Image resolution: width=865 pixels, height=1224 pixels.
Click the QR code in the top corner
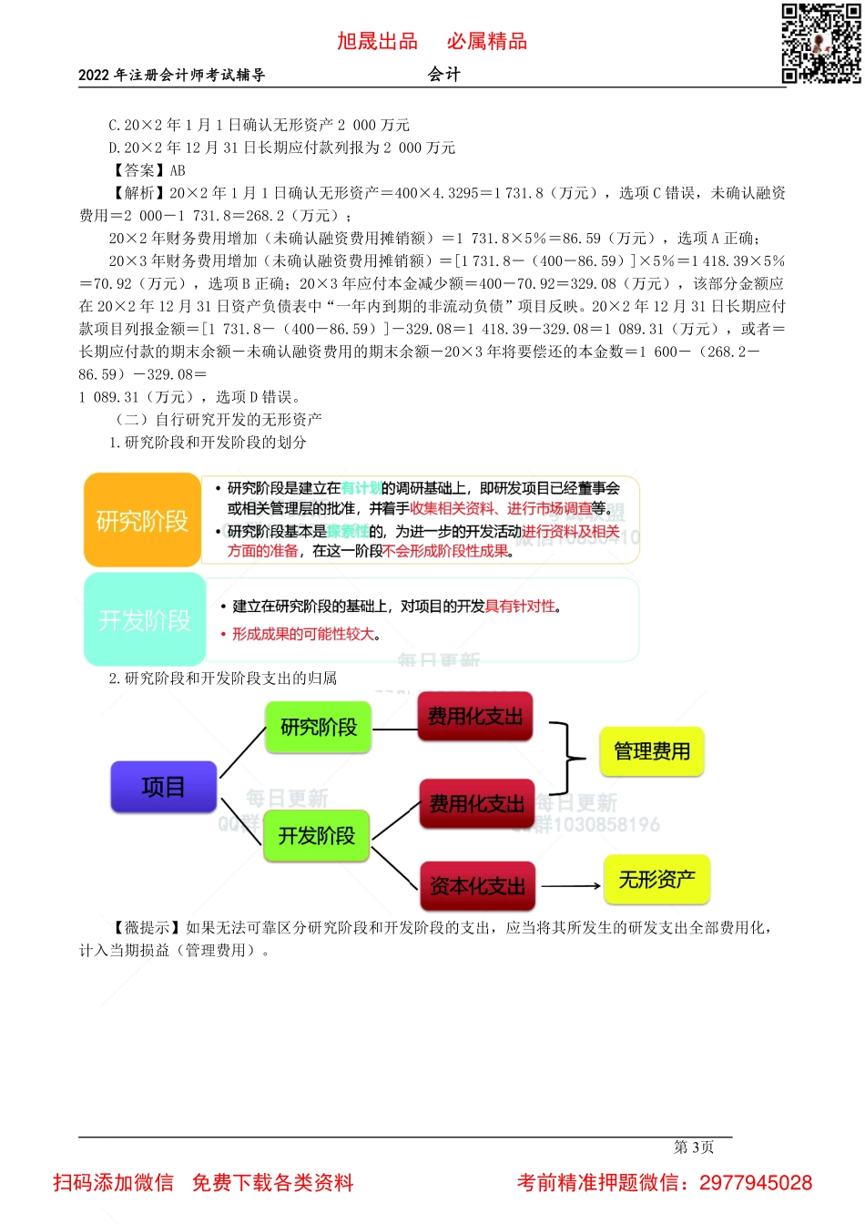(x=821, y=44)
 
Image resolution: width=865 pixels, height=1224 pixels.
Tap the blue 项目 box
(x=164, y=787)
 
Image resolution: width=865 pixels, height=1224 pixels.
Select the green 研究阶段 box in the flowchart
(x=318, y=727)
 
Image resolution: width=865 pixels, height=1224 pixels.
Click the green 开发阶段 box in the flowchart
(x=317, y=835)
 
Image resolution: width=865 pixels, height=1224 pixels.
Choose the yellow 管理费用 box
(x=652, y=751)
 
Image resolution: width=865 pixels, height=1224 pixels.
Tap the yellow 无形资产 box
(x=656, y=880)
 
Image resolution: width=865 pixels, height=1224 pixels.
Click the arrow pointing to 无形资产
(x=571, y=885)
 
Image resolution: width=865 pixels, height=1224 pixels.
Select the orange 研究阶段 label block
(x=142, y=521)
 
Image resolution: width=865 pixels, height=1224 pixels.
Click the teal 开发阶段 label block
(x=145, y=620)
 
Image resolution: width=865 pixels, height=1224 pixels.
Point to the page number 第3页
(x=694, y=1147)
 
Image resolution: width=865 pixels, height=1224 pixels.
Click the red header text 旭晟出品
(x=377, y=41)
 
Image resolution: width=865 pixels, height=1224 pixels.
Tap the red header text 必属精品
(x=487, y=41)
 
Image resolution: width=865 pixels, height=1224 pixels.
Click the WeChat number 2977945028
(x=756, y=1183)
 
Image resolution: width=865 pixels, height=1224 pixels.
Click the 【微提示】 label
(x=146, y=928)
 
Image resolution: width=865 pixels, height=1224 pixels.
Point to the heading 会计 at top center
(x=444, y=75)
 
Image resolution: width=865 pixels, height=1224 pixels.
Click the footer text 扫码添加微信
(x=113, y=1183)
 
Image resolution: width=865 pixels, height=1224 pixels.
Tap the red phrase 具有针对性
(x=520, y=607)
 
